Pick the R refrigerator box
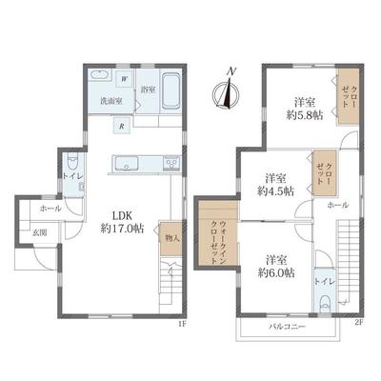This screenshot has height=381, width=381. pyautogui.click(x=120, y=124)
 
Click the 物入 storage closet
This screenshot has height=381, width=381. pyautogui.click(x=170, y=238)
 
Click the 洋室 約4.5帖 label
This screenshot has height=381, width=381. pyautogui.click(x=276, y=184)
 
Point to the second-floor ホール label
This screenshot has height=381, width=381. pyautogui.click(x=336, y=205)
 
